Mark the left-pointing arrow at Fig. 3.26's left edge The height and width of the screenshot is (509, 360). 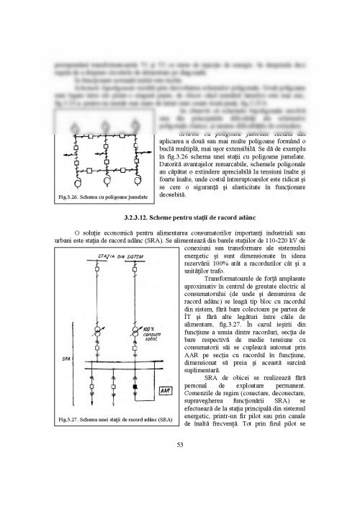tap(66, 155)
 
